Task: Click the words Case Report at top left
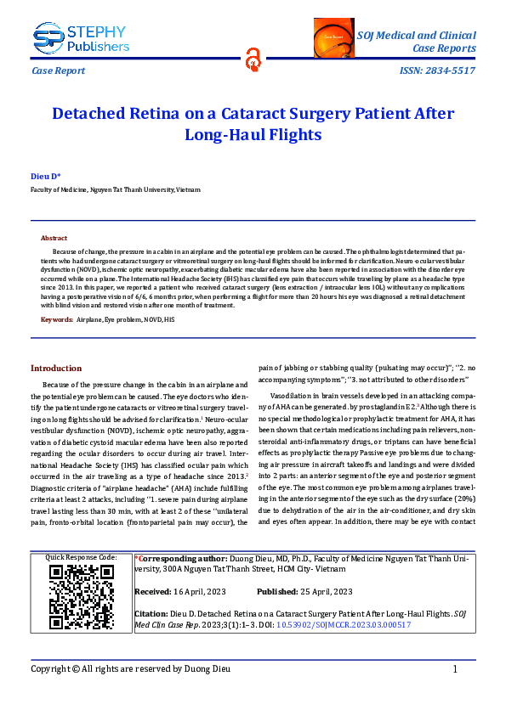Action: [x=58, y=70]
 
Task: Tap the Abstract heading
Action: [x=54, y=239]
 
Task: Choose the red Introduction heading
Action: [x=56, y=369]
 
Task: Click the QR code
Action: [x=81, y=598]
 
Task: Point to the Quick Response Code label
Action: [x=82, y=557]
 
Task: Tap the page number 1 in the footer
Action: [x=456, y=669]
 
